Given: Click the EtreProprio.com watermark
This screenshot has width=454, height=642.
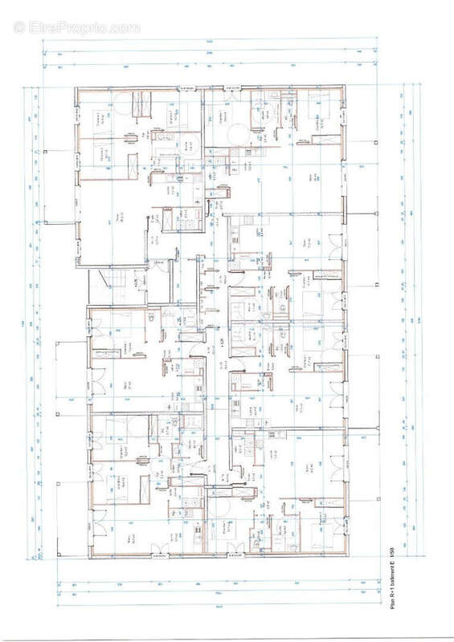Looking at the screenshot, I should point(77,27).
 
